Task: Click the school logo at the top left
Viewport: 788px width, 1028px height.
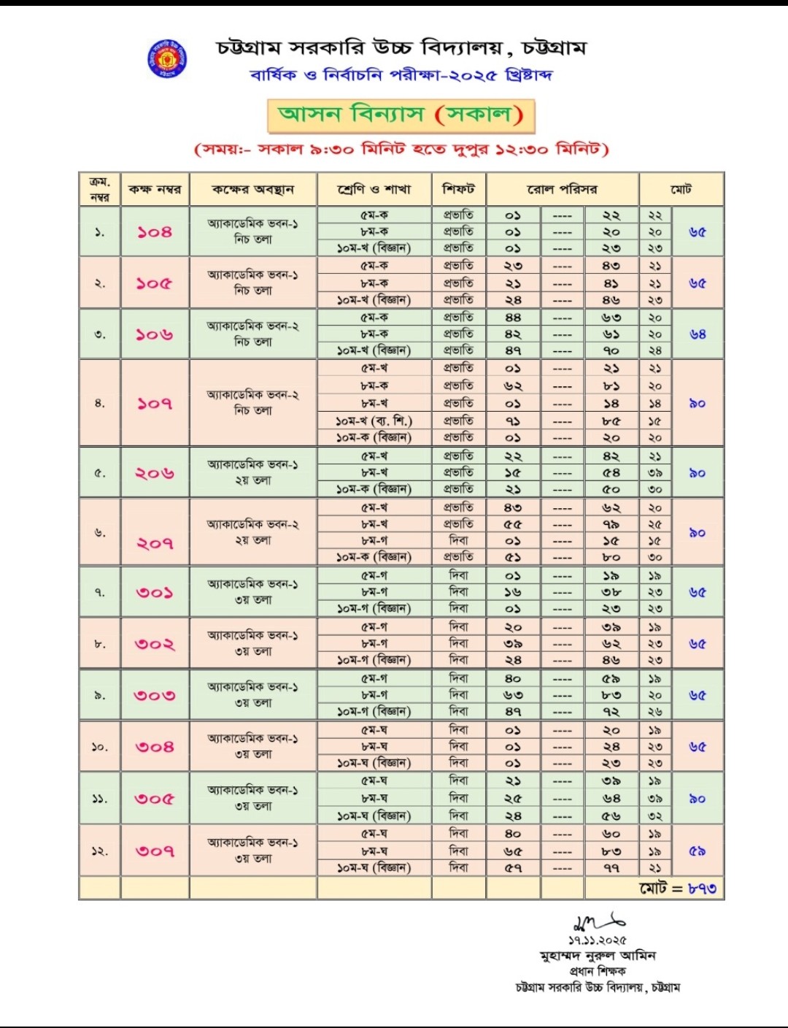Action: (167, 58)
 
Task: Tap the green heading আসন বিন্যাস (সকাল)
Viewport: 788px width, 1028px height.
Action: (401, 115)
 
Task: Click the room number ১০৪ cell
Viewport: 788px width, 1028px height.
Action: (155, 232)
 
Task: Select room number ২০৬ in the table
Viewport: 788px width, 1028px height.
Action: (155, 473)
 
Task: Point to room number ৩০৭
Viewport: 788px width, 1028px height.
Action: (155, 851)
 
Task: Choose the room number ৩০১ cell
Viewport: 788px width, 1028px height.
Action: (155, 592)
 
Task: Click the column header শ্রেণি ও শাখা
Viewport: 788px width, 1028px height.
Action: (374, 190)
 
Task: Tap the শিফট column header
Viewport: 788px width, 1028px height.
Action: (459, 189)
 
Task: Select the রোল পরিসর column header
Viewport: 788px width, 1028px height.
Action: (562, 190)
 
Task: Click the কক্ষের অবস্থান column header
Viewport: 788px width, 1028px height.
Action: (253, 190)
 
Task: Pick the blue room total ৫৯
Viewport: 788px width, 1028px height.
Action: (698, 851)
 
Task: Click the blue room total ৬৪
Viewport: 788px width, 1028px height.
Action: (698, 334)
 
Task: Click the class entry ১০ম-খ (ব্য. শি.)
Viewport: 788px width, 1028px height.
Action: (374, 421)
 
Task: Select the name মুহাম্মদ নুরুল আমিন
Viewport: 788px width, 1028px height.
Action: (598, 956)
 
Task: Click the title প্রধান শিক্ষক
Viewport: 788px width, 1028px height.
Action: (598, 972)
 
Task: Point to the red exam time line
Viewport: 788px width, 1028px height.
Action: (401, 150)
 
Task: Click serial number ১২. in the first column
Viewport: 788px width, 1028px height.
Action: (99, 851)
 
